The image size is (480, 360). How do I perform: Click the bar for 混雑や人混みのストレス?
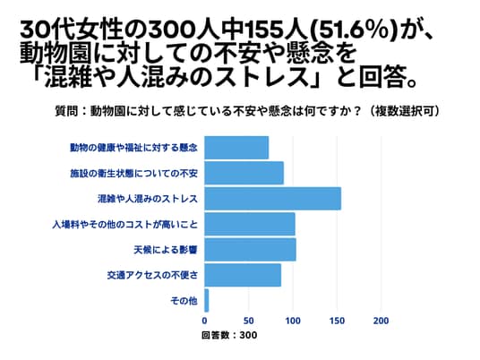pos(273,199)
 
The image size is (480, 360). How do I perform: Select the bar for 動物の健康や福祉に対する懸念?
pos(236,148)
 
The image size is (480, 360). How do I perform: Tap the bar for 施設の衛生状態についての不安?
pos(244,173)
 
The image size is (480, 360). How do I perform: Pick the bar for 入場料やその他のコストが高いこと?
pos(250,224)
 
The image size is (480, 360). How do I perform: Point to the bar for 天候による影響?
pos(251,250)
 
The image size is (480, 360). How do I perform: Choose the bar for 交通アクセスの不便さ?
pos(243,275)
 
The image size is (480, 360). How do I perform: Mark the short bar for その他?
pos(207,301)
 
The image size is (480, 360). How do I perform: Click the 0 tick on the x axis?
pos(204,321)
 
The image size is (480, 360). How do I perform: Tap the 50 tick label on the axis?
pos(249,321)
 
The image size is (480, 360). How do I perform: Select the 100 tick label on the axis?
pos(293,321)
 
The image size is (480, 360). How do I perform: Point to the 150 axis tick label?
pos(337,321)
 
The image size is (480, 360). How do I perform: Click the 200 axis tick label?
pos(381,321)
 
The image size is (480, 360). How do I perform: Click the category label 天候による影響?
pos(166,250)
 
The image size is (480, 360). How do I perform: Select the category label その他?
pos(184,301)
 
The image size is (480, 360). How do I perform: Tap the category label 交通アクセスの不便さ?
pos(152,276)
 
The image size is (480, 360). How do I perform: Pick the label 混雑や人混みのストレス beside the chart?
pos(148,199)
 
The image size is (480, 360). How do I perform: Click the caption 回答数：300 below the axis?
pos(229,335)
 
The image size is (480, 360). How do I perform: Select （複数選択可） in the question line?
pos(404,111)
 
